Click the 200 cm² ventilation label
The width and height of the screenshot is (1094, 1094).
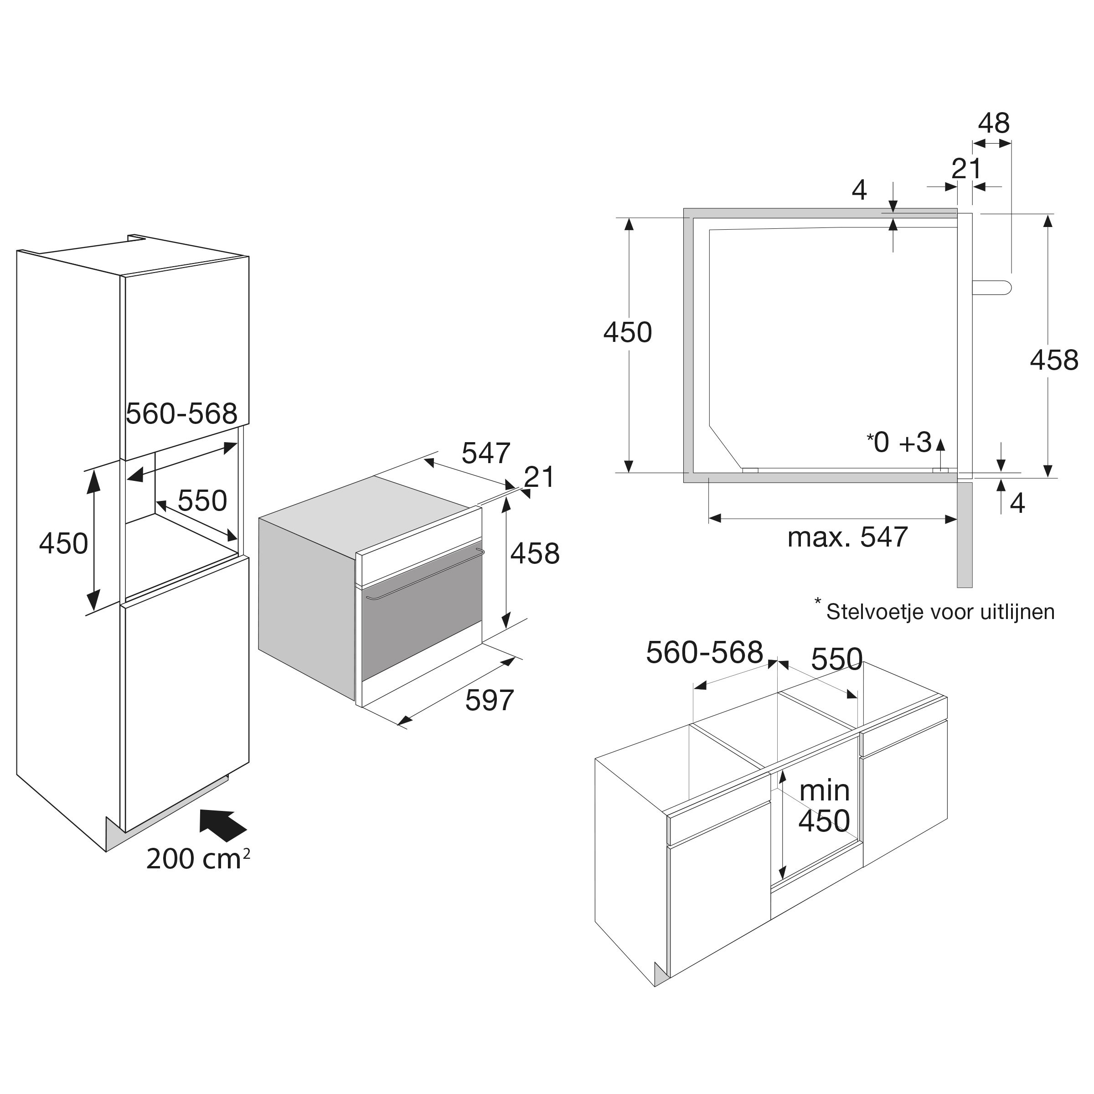(x=198, y=860)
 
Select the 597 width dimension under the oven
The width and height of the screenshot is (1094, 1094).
(x=489, y=701)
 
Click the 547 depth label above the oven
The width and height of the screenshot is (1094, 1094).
(x=486, y=453)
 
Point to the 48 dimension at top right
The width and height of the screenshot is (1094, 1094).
(x=994, y=124)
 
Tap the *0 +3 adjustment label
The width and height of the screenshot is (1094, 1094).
(x=898, y=443)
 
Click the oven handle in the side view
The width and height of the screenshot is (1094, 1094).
(x=992, y=287)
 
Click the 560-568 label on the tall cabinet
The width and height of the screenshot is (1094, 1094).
(x=181, y=414)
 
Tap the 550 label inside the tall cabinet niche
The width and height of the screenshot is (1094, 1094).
(x=202, y=501)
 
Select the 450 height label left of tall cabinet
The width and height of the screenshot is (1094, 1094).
(x=63, y=544)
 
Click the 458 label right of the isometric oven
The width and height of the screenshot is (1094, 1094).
(x=535, y=553)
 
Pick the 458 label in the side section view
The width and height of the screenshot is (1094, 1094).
(x=1054, y=360)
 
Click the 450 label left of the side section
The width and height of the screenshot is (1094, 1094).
(x=627, y=332)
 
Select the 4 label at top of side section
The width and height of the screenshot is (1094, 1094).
(x=859, y=191)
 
